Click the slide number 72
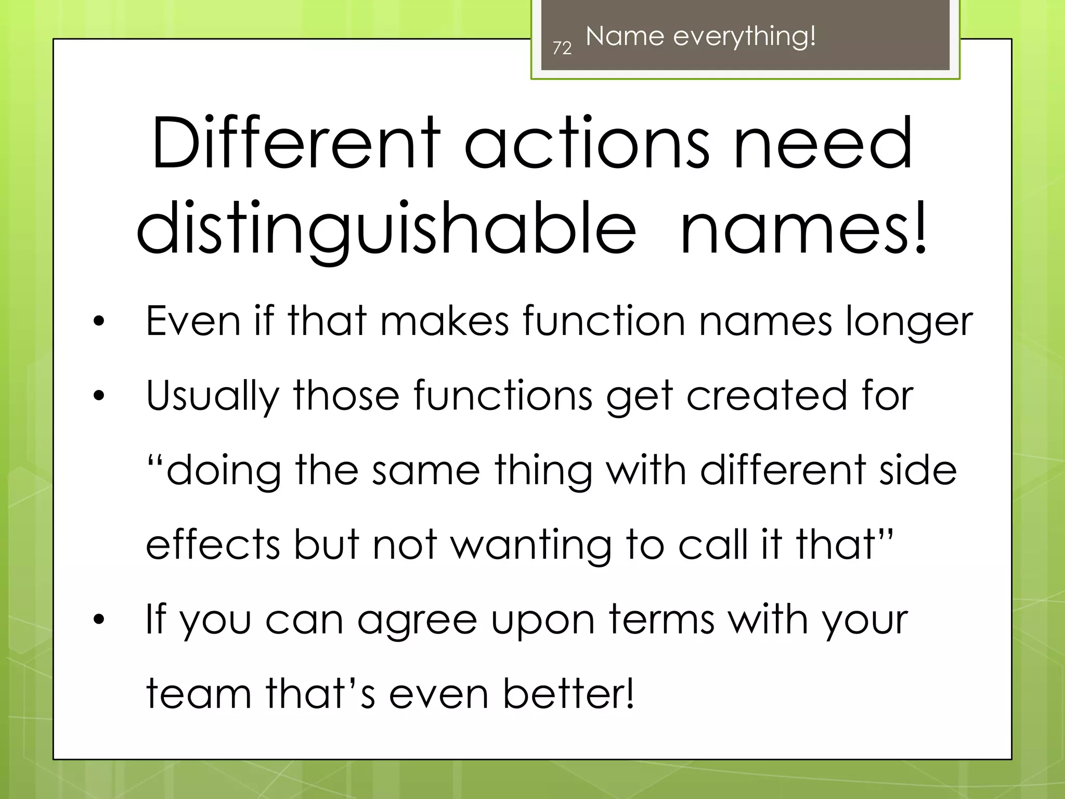(x=562, y=48)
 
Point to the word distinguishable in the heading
(x=386, y=229)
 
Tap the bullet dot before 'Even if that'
(x=99, y=321)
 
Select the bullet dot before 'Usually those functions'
(x=99, y=396)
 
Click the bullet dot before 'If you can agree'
(x=99, y=620)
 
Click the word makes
(x=445, y=321)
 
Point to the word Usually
(x=213, y=396)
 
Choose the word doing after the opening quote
(x=223, y=471)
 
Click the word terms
(x=661, y=620)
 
